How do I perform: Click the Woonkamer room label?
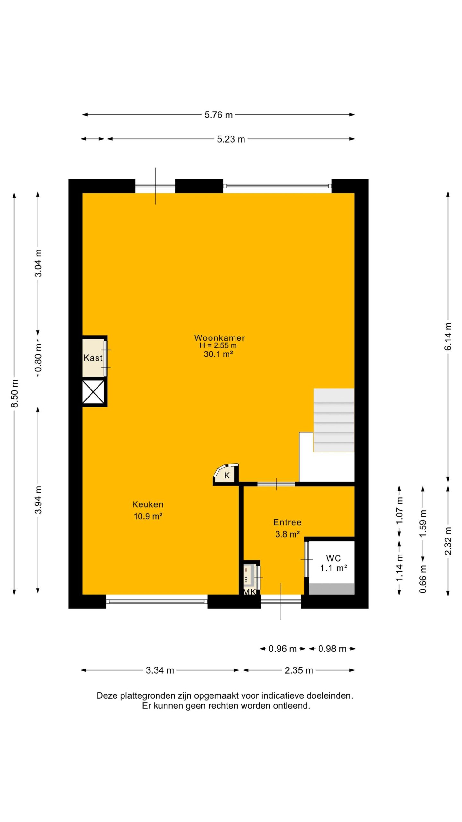219,338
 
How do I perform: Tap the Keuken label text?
148,504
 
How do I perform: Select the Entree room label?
287,522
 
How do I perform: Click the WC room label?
333,558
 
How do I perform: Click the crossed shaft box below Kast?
93,392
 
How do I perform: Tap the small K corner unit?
227,474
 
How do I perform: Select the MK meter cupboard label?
250,592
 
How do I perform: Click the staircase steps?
334,420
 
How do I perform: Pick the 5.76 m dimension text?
218,115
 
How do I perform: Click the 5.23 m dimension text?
231,139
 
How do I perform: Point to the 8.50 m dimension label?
15,393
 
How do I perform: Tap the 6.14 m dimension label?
449,337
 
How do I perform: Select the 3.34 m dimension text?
160,670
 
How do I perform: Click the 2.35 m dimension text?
299,670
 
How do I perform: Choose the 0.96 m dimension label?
282,649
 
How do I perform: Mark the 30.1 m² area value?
218,354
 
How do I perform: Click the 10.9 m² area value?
148,516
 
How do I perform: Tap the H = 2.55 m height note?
218,345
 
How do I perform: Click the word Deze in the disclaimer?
107,696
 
